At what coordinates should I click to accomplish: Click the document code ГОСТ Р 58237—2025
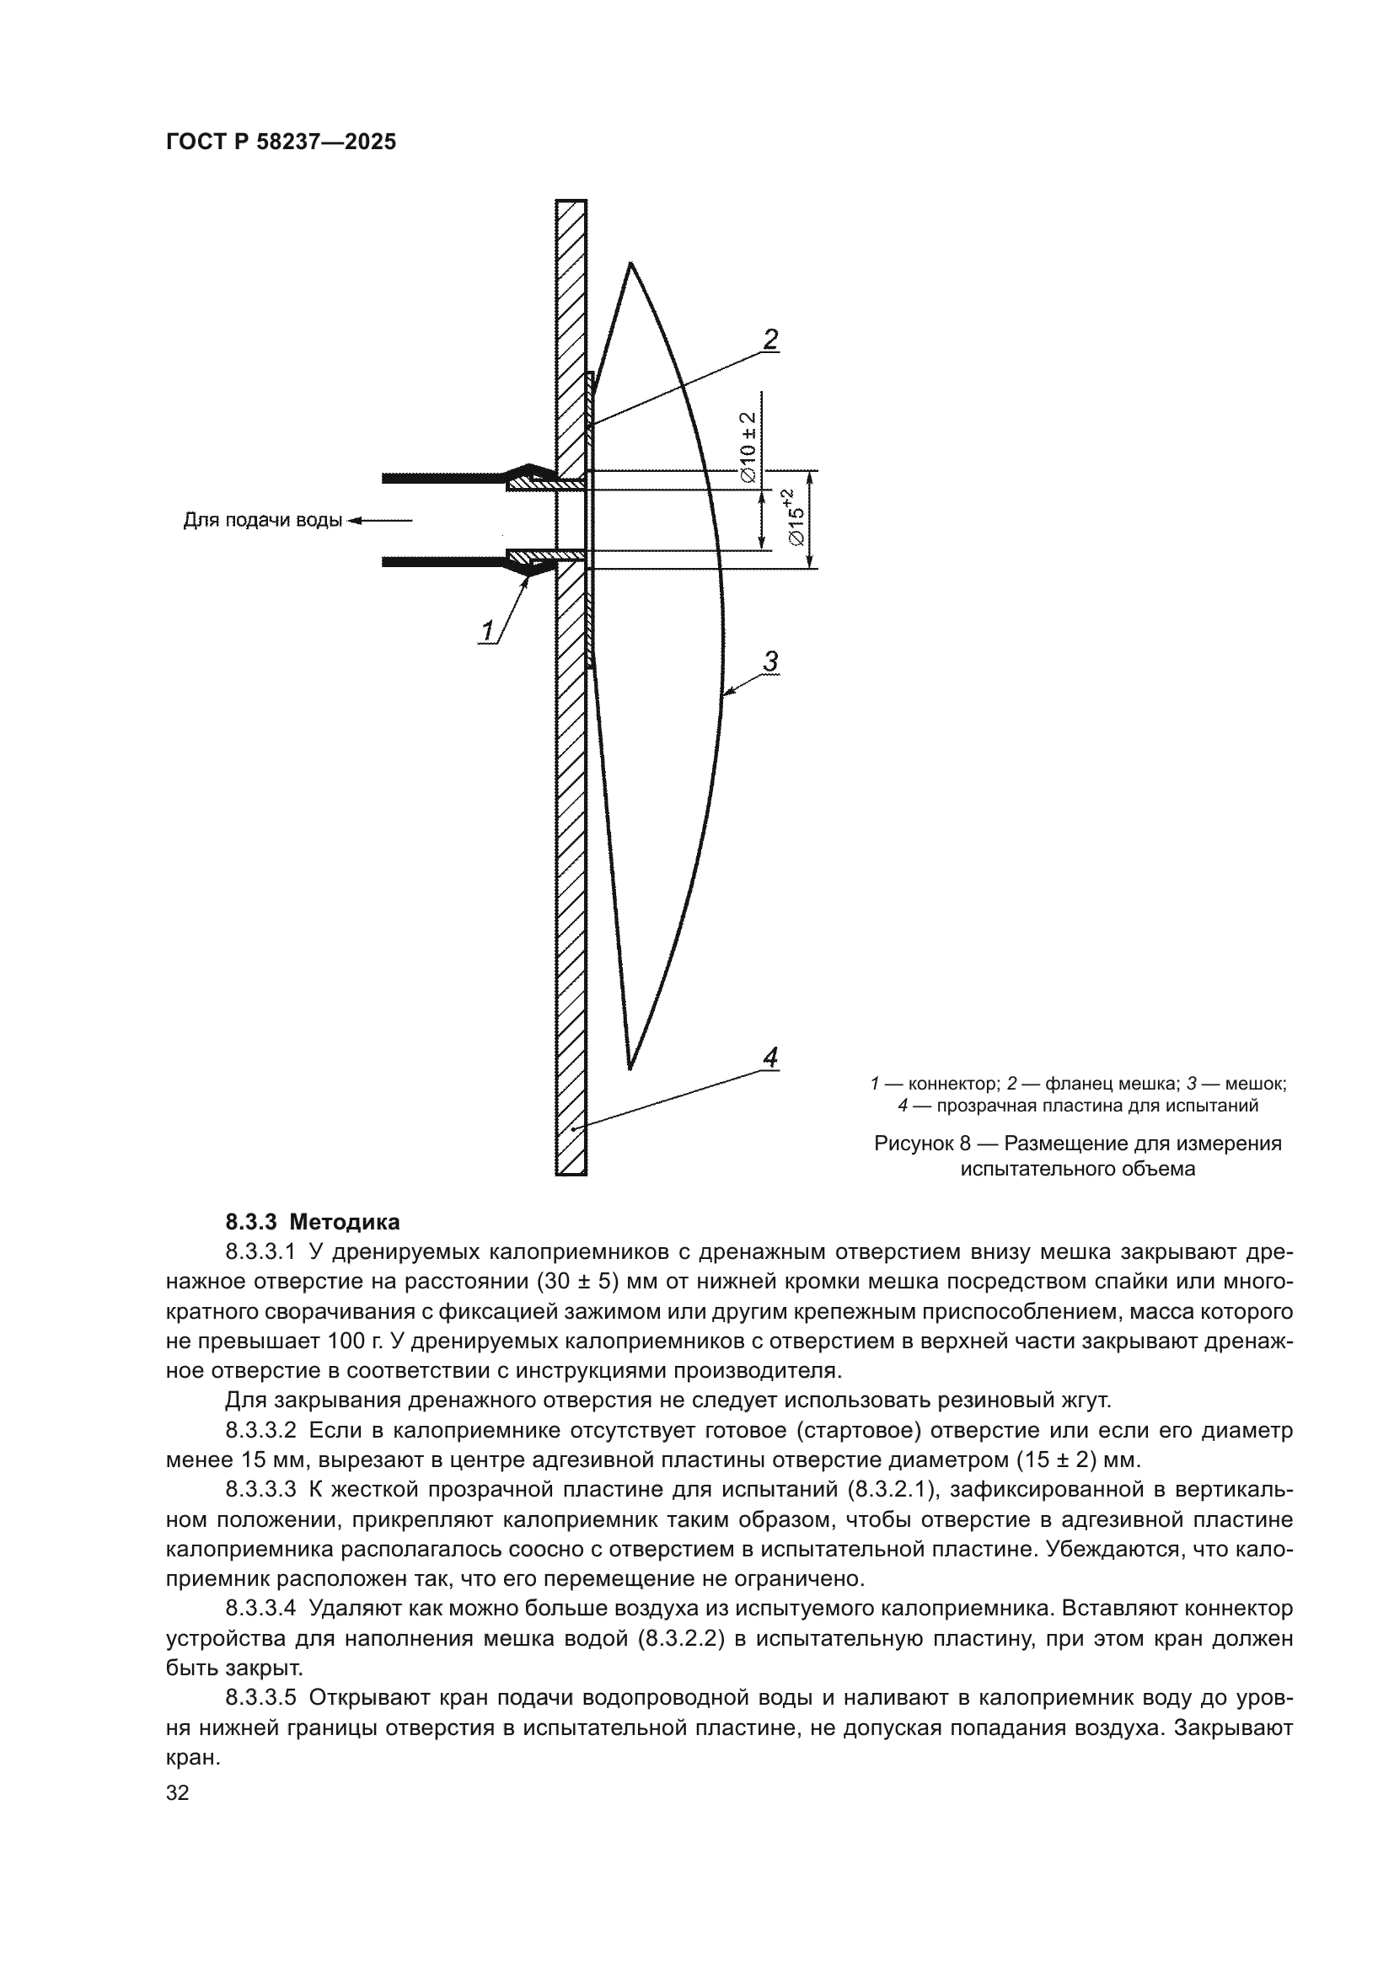point(281,142)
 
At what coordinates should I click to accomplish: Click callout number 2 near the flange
point(770,340)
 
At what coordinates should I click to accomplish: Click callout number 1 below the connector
point(487,633)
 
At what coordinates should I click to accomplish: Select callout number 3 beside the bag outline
point(770,661)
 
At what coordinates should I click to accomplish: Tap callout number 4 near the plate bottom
point(770,1058)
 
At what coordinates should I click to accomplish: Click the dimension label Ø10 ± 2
point(748,446)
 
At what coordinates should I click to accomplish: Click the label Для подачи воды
point(263,520)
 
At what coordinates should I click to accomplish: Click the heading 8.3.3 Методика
point(313,1222)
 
